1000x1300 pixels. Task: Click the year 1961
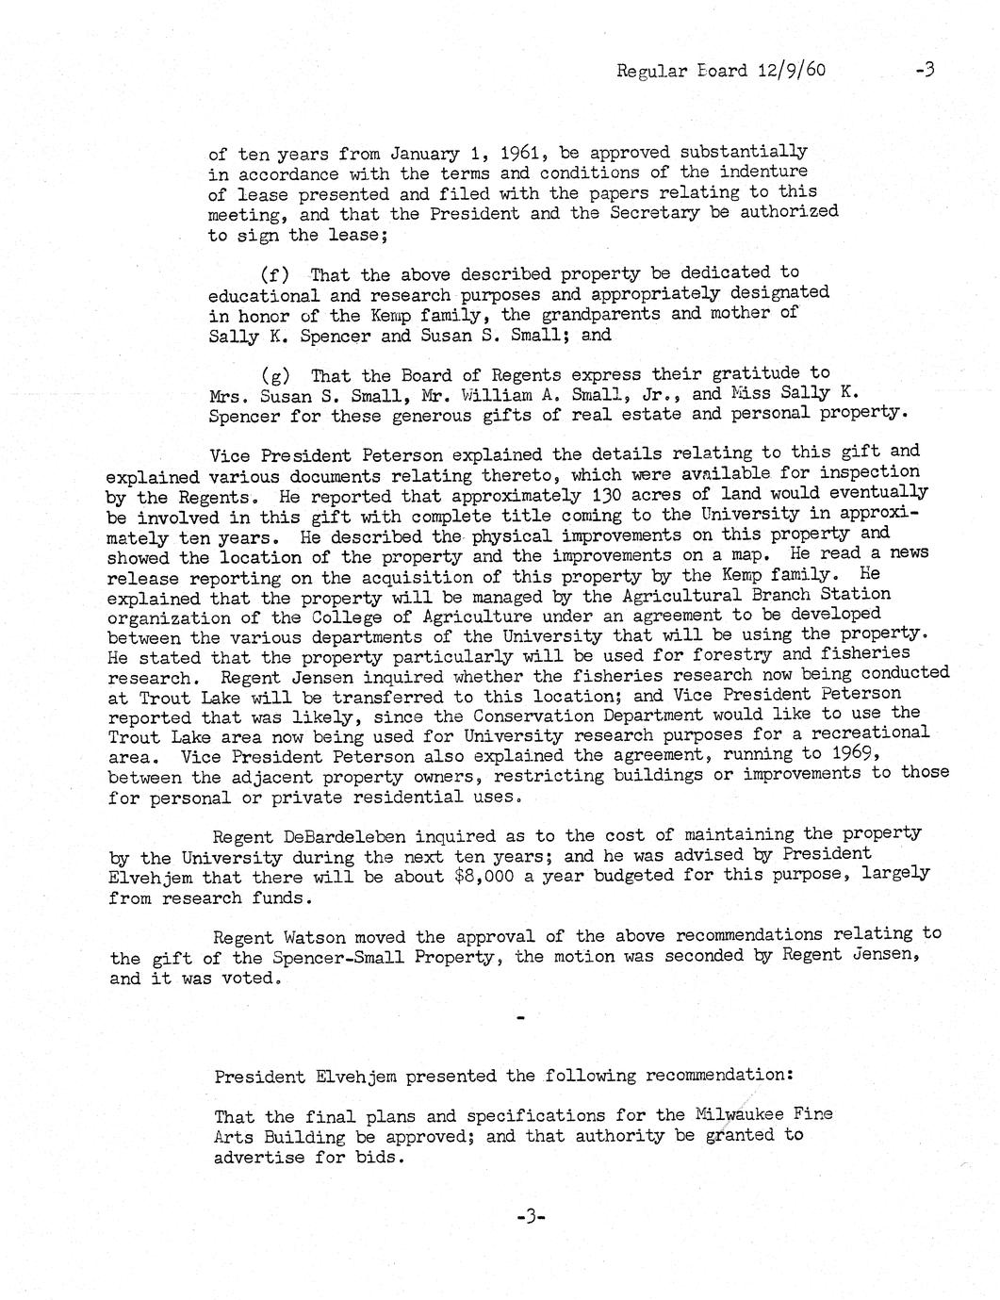[519, 153]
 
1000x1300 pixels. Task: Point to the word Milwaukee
[737, 1114]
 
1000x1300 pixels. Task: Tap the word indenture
[763, 172]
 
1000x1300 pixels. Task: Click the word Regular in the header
[649, 71]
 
